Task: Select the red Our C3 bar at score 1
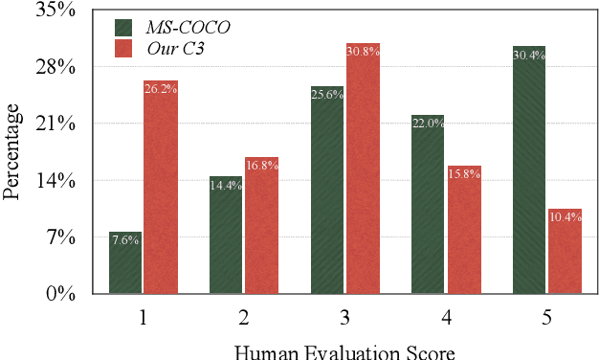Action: (x=161, y=187)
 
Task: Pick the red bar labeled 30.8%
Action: (x=363, y=169)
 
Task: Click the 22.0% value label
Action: (x=428, y=124)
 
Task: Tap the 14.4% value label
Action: (x=226, y=185)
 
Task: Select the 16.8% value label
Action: (x=261, y=165)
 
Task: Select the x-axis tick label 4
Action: (x=445, y=317)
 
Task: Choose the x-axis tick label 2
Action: (x=243, y=317)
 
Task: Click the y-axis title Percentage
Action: (x=11, y=152)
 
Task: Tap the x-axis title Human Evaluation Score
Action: (x=344, y=350)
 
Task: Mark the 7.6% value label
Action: (x=125, y=239)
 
